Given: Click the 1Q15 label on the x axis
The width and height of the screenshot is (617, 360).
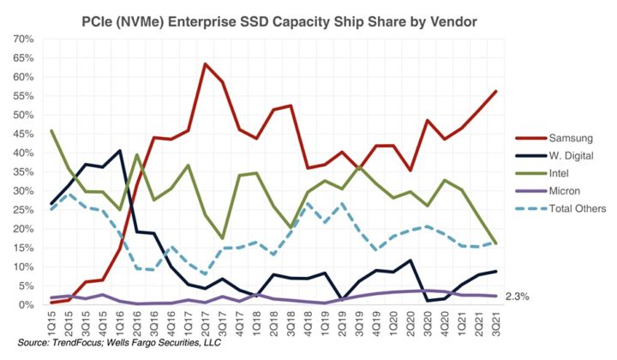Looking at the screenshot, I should pyautogui.click(x=52, y=324).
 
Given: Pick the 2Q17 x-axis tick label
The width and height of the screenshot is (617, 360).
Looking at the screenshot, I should pyautogui.click(x=206, y=324).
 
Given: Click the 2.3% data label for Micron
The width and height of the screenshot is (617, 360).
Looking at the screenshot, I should pyautogui.click(x=518, y=297).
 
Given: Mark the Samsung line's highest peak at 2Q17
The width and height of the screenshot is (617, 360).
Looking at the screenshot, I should pyautogui.click(x=206, y=64).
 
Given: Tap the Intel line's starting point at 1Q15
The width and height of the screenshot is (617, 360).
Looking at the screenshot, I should pyautogui.click(x=52, y=131).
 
